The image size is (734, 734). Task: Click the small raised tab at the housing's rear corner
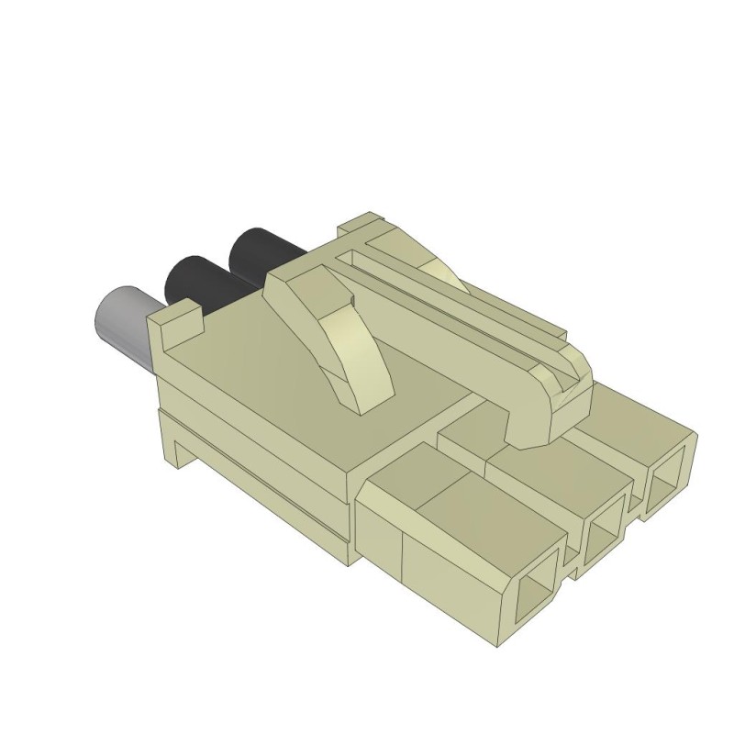point(176,322)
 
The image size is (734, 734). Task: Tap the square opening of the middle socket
point(606,538)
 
